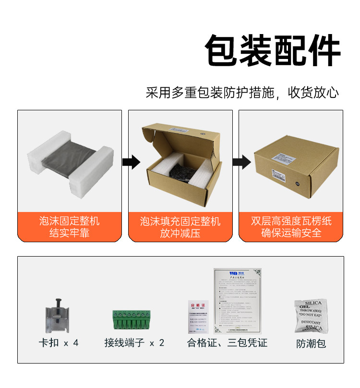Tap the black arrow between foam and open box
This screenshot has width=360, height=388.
[x=130, y=162]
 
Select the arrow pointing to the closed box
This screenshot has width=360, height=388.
[x=241, y=162]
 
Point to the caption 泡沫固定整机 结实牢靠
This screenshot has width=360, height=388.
[x=70, y=227]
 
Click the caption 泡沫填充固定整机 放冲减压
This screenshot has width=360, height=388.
[x=180, y=227]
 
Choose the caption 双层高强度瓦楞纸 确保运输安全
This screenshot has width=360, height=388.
[x=291, y=227]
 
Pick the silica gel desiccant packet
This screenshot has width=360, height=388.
[x=311, y=316]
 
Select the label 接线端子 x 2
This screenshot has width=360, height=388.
[x=134, y=343]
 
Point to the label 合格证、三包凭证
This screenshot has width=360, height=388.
[x=227, y=343]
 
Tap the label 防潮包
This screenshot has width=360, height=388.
[x=311, y=343]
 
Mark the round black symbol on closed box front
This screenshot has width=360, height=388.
[x=298, y=183]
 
